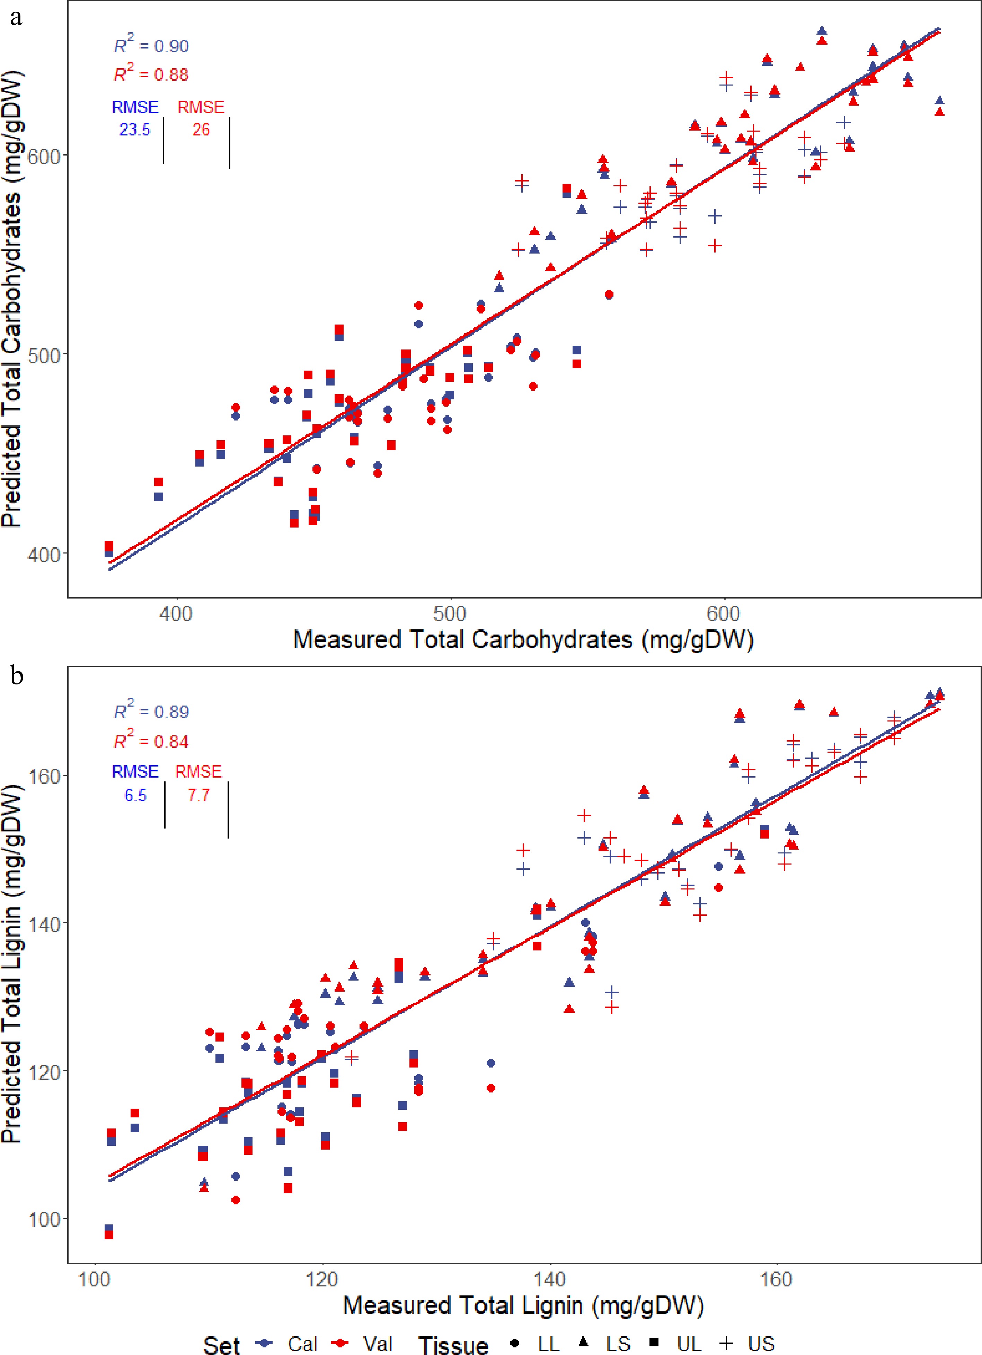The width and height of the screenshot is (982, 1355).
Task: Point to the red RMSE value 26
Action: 201,130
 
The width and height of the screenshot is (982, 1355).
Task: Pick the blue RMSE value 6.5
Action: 135,795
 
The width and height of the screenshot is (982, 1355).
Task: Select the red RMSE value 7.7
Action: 198,795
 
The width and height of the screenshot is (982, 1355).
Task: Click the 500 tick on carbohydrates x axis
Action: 449,613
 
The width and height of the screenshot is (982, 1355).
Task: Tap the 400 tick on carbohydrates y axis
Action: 44,555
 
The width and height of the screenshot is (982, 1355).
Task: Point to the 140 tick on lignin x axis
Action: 549,1279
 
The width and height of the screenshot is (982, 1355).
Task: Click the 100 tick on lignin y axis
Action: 44,1219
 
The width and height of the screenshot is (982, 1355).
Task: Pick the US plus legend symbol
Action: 726,1343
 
